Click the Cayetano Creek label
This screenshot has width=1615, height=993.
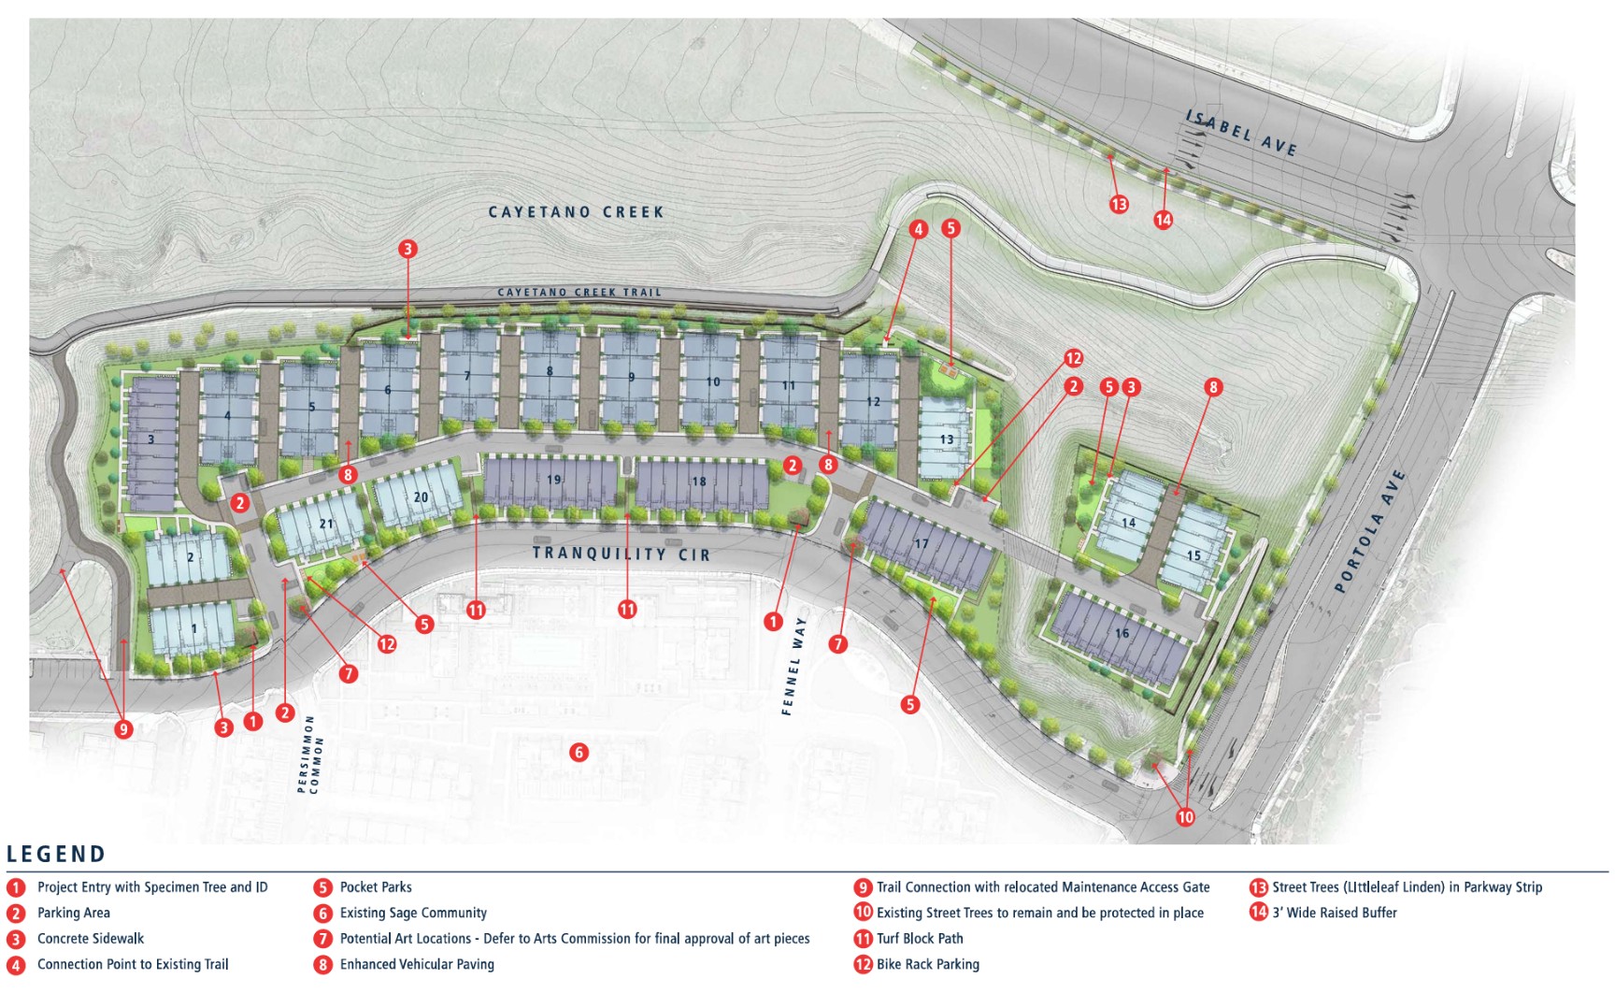(576, 212)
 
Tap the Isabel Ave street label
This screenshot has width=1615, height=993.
(1241, 132)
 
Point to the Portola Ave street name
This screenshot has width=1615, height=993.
(1369, 530)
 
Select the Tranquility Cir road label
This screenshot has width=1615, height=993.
(622, 554)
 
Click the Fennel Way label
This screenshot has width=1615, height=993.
(793, 666)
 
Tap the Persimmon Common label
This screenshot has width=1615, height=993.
(309, 755)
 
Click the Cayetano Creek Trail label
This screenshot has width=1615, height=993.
(579, 293)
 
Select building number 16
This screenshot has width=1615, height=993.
(1122, 633)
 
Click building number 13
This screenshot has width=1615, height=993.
(946, 439)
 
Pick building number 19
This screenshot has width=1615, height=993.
(553, 480)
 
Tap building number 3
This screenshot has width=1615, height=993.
(150, 439)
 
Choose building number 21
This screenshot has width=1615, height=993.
(325, 524)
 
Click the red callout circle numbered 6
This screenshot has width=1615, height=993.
(579, 752)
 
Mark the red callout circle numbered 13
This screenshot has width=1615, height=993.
(1119, 204)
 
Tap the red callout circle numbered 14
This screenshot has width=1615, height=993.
(1163, 220)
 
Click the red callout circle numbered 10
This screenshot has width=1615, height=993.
(1185, 816)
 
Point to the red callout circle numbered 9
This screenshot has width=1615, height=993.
(123, 728)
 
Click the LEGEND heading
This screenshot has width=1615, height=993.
(56, 854)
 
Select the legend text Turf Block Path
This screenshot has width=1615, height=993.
(920, 939)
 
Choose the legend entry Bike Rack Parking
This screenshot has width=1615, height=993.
(927, 964)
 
